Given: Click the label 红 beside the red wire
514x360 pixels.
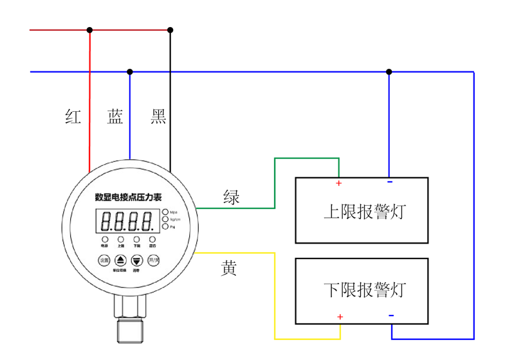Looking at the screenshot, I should pos(73,116).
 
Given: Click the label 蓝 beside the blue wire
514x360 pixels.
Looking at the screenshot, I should pos(115,116).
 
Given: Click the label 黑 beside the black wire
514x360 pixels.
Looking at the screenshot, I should pos(158,116).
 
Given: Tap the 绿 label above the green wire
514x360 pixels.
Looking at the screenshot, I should pos(231,197).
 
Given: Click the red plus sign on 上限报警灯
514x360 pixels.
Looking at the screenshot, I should pos(339,184).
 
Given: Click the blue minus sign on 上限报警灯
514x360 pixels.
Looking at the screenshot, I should pos(389,183).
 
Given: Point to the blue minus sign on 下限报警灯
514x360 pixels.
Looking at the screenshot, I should pos(391,315).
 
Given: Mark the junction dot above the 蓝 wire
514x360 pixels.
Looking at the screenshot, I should pos(130,72).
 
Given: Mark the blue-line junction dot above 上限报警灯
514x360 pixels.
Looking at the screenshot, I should pos(389,72).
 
